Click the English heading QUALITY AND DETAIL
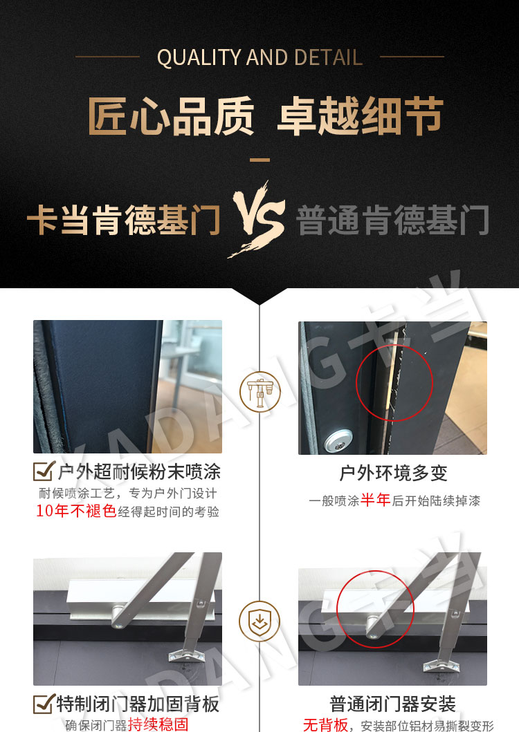point(259,57)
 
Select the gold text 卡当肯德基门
point(124,220)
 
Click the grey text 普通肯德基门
point(393,220)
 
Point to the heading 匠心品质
point(171,115)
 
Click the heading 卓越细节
point(361,115)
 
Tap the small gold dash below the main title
point(259,160)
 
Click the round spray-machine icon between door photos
point(259,391)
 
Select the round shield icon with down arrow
point(259,621)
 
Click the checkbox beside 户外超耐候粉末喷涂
point(44,471)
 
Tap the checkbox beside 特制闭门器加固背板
point(44,704)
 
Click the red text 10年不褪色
point(76,511)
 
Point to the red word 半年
point(376,500)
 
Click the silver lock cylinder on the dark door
point(338,441)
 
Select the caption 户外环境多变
point(393,473)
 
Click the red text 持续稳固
point(158,724)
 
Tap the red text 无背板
point(325,724)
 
